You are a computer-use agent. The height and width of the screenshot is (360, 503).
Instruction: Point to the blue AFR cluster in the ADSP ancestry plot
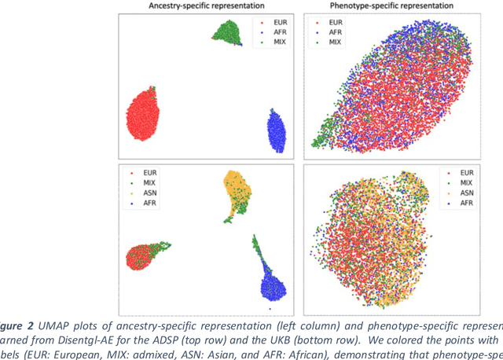pyautogui.click(x=276, y=129)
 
